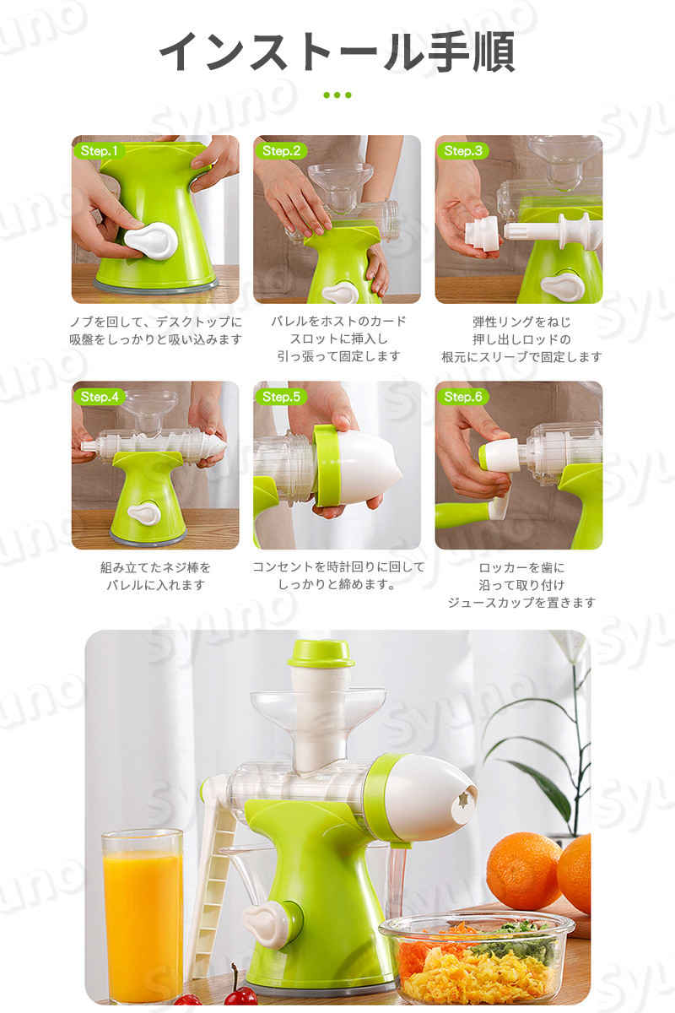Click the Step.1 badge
[x=100, y=151]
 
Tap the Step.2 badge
[x=281, y=151]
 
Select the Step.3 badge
[x=463, y=151]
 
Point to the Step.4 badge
[x=100, y=397]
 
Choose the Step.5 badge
[x=281, y=397]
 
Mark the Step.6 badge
[x=463, y=397]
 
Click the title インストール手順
[x=337, y=52]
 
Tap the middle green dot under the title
[x=337, y=95]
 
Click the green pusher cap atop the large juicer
[x=321, y=654]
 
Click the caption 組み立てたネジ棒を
[x=155, y=567]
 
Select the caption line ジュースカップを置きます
[x=521, y=603]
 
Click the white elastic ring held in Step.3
[x=483, y=233]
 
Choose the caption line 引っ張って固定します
[x=338, y=357]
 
